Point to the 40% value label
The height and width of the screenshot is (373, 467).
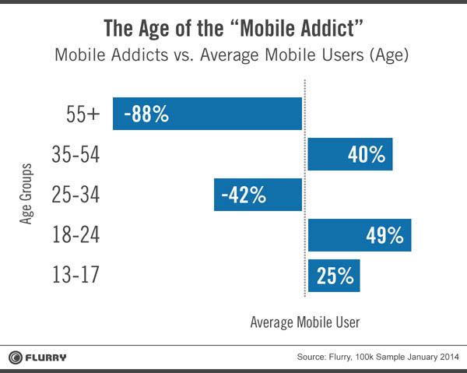(x=366, y=154)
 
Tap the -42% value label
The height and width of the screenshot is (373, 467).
(x=244, y=195)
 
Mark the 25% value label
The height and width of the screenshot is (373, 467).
(x=335, y=276)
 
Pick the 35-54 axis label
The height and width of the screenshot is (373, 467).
(x=75, y=154)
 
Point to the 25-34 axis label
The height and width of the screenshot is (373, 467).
(x=75, y=195)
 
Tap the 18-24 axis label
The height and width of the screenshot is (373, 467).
(x=75, y=235)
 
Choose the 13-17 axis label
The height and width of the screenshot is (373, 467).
(x=75, y=276)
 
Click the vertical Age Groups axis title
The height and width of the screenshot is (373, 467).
(x=25, y=195)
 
